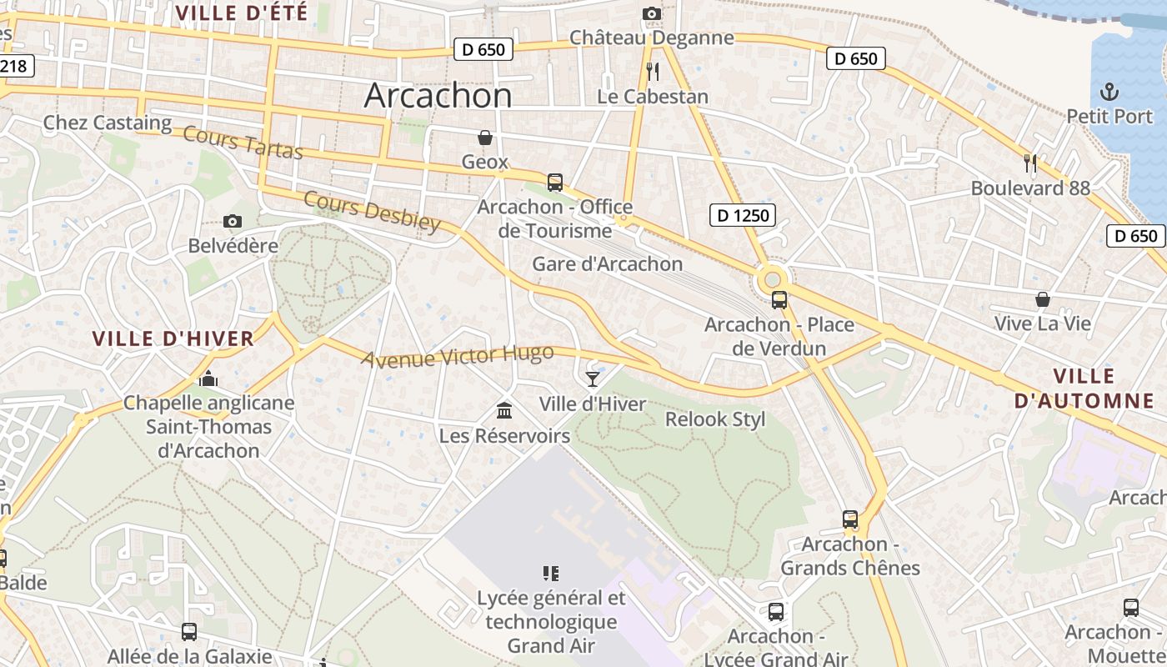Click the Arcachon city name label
[438, 96]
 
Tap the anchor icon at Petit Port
[1109, 91]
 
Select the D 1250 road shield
[743, 216]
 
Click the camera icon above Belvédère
[233, 221]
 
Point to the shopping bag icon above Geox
[484, 138]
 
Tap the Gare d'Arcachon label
[607, 264]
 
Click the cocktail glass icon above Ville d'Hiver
[592, 379]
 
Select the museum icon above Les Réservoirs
[504, 410]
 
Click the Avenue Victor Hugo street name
[457, 355]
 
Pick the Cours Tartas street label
[242, 143]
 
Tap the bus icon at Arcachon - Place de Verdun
[779, 300]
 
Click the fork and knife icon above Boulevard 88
[1030, 163]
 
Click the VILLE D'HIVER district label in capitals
[173, 339]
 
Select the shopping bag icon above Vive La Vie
[1042, 299]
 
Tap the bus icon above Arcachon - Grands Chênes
[849, 519]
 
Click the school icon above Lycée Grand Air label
[550, 573]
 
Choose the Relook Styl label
[714, 419]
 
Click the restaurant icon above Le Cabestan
[653, 72]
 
